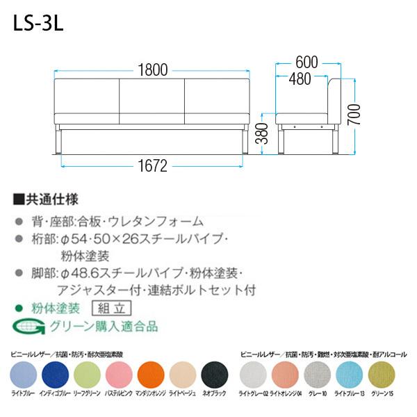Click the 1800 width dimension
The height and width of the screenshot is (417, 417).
(x=152, y=69)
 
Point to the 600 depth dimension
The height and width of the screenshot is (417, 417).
(x=306, y=62)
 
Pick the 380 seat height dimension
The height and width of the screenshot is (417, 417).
(x=261, y=132)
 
